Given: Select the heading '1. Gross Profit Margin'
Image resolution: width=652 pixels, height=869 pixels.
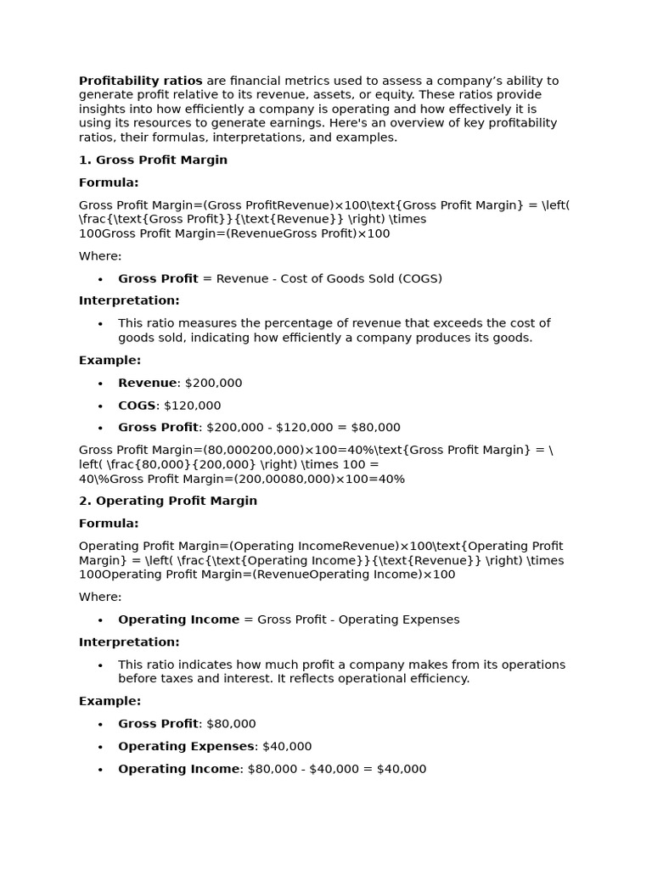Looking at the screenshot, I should (153, 160).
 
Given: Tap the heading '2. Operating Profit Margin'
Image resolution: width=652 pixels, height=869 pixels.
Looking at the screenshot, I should (168, 501).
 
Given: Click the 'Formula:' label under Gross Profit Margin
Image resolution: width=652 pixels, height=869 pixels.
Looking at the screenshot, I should (109, 182).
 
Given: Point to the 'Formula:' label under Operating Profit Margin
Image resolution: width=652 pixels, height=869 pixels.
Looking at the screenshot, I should (109, 524).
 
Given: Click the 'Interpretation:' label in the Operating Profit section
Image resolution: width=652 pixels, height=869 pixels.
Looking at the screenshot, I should (129, 642).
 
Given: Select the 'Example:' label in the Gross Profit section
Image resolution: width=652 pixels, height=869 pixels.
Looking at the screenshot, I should (110, 360).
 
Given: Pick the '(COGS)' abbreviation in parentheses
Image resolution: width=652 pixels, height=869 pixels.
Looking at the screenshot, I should (420, 278).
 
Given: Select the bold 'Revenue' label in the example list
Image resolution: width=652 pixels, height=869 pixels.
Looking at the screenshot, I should (148, 383).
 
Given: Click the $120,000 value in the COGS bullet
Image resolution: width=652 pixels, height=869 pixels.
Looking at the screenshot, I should (192, 406).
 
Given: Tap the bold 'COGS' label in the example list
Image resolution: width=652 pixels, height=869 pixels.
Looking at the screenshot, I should (137, 406).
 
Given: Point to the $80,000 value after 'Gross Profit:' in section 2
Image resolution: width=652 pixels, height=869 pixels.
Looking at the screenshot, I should (231, 724).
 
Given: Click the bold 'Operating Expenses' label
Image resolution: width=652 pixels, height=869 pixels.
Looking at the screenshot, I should (186, 746).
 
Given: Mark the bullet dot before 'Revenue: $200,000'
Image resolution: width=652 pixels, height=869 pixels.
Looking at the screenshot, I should (100, 384).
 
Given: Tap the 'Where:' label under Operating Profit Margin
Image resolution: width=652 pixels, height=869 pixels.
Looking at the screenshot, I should (100, 597).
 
